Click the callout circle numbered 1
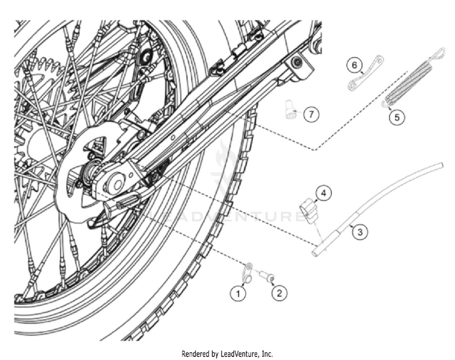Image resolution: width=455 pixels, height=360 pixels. [238, 293]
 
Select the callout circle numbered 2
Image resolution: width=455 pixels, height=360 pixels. [279, 293]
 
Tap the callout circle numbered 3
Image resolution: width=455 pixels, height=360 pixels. [359, 232]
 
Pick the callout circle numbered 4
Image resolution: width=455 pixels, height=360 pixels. [324, 193]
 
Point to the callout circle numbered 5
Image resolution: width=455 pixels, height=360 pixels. [397, 117]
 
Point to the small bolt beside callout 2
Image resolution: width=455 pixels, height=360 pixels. [265, 276]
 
